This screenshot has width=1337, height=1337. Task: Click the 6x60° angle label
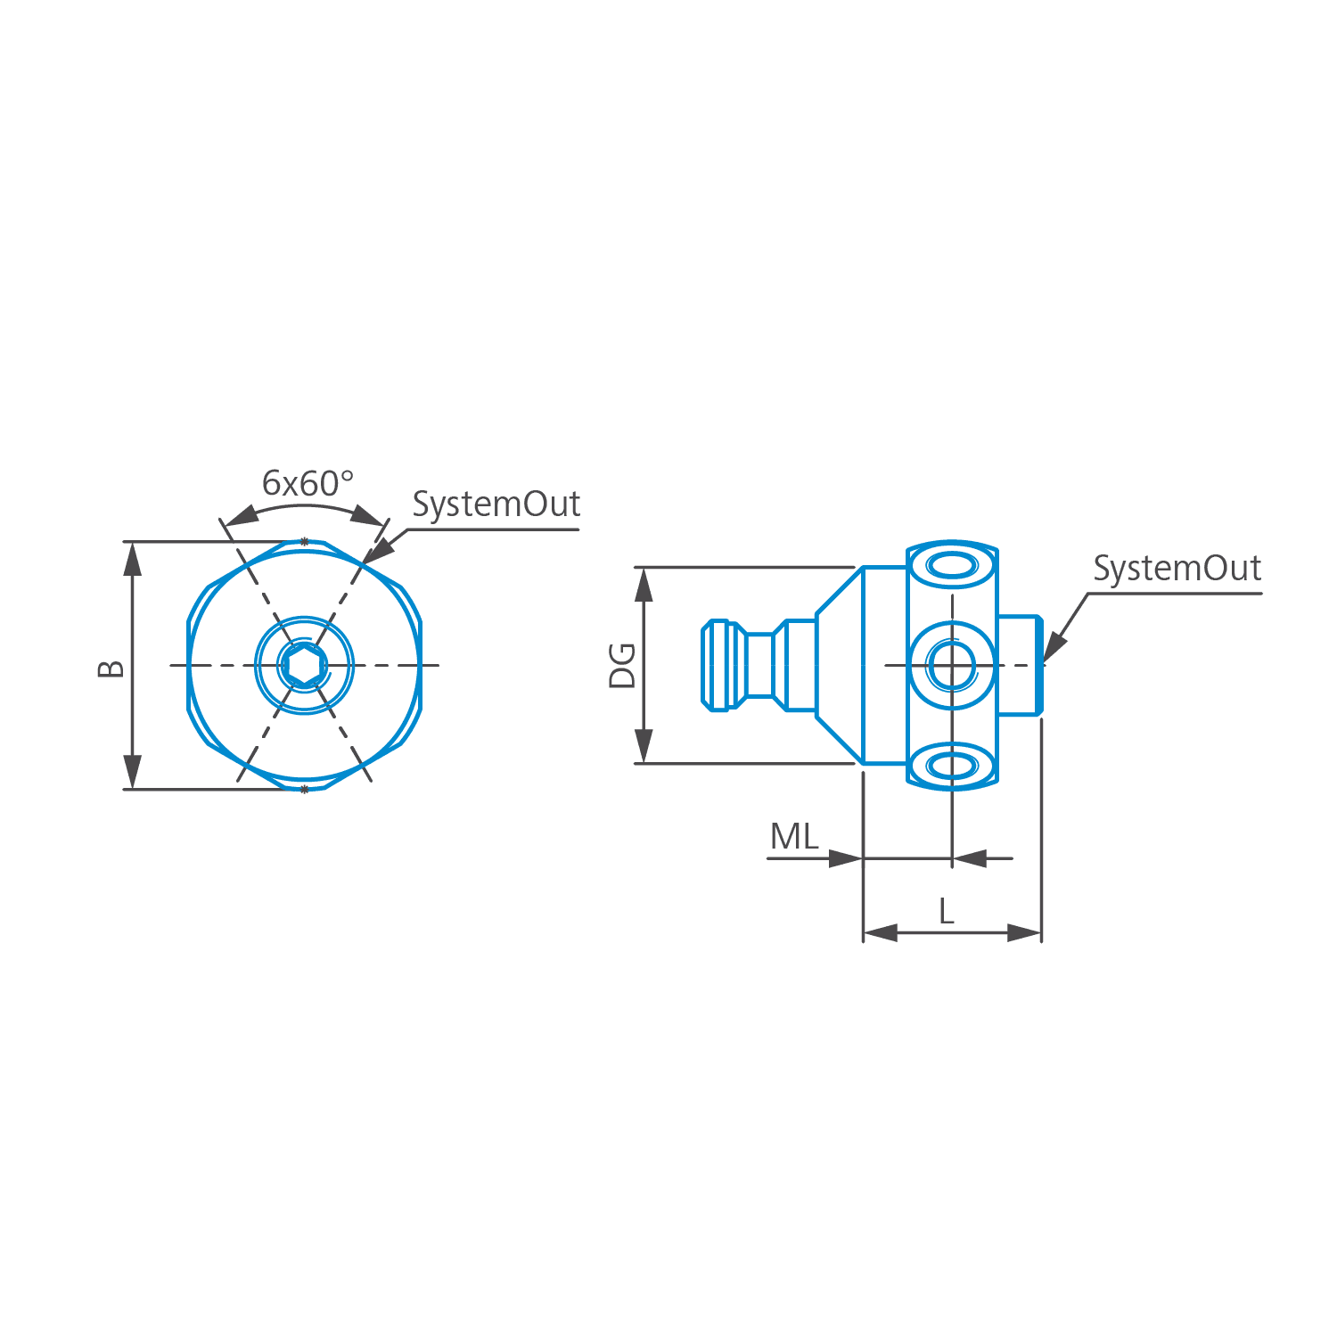point(308,483)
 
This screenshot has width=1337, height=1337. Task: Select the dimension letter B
point(111,668)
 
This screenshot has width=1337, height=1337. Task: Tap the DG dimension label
point(622,665)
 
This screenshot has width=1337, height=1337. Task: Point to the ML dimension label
point(794,837)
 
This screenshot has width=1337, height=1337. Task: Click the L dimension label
point(947,911)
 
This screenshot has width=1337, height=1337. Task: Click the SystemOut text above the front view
point(496,504)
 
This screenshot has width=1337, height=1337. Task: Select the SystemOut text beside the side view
point(1177,569)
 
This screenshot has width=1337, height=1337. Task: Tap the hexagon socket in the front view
point(305,665)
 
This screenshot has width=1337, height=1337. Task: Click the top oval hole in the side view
point(952,565)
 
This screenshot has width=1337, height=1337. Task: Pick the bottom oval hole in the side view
point(952,766)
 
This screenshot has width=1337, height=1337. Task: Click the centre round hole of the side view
point(952,665)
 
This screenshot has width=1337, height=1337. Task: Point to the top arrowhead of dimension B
point(132,558)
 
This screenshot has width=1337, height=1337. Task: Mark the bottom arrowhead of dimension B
point(132,772)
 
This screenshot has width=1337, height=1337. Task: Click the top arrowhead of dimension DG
point(644,584)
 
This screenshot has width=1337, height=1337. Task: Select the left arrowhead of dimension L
point(881,933)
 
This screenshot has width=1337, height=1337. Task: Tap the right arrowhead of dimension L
point(1024,933)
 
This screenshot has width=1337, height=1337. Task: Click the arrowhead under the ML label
point(845,858)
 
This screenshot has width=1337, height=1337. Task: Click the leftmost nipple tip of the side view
point(704,665)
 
